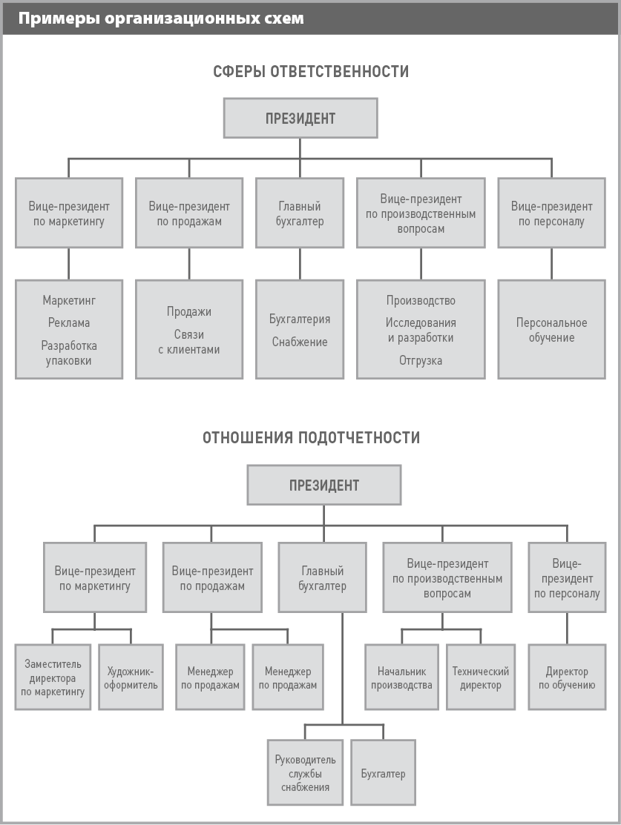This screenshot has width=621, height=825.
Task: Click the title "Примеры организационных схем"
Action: (x=161, y=19)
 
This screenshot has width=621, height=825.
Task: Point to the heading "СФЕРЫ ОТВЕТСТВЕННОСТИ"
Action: (x=311, y=72)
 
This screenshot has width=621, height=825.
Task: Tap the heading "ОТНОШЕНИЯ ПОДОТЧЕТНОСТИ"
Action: (x=312, y=438)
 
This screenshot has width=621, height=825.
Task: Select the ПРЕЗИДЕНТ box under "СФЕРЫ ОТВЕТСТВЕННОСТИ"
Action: (x=300, y=119)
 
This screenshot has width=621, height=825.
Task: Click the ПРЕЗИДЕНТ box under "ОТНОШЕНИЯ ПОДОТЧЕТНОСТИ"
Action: (x=324, y=485)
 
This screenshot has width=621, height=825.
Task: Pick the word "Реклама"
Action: (x=69, y=322)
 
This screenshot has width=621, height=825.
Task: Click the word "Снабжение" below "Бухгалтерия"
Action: (x=300, y=342)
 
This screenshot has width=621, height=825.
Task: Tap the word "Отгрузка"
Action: (x=421, y=360)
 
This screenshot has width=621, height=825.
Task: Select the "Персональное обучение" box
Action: (x=551, y=329)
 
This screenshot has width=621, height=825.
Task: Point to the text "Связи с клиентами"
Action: (x=189, y=342)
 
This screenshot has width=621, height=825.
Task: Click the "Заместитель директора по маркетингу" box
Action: (x=53, y=677)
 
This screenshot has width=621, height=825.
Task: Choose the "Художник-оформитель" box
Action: (x=131, y=677)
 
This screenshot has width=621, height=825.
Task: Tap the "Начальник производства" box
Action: (x=402, y=677)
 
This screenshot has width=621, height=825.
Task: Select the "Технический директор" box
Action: (x=481, y=677)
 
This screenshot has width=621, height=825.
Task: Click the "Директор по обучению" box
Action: (x=568, y=677)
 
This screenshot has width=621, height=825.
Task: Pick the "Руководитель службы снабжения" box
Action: (x=305, y=772)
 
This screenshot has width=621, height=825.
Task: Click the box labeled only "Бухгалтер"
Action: (x=384, y=772)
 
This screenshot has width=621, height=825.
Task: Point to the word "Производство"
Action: (x=421, y=300)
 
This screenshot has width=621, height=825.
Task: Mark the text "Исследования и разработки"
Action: (x=421, y=331)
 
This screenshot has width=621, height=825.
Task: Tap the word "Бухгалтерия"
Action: (x=300, y=319)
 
